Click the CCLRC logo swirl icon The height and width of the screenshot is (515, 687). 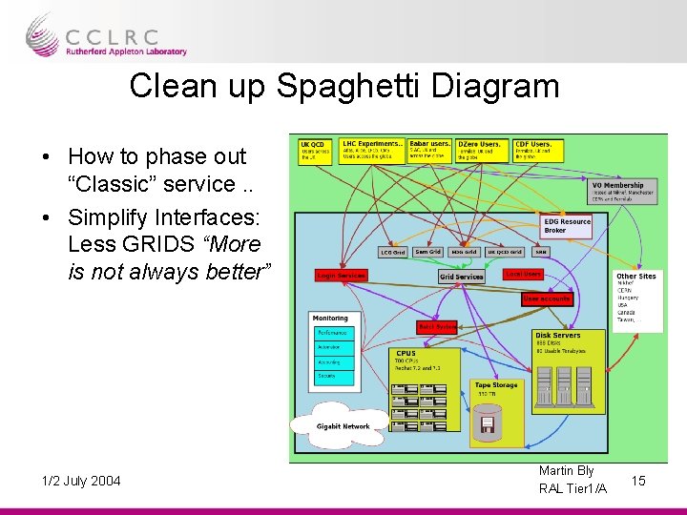(x=43, y=34)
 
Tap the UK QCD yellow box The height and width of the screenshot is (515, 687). (x=316, y=151)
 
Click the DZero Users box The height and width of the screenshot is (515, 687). (x=483, y=150)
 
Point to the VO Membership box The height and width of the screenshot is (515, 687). (x=623, y=192)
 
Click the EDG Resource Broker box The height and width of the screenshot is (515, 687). (x=567, y=225)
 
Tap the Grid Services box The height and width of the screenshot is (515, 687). (x=462, y=277)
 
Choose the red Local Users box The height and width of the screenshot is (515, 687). (x=523, y=274)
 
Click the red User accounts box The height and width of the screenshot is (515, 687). (x=547, y=299)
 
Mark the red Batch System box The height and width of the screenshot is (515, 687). (x=437, y=327)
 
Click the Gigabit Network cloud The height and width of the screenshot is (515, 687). (x=343, y=425)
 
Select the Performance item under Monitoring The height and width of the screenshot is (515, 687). (x=333, y=334)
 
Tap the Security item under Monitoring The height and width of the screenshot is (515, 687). (x=333, y=377)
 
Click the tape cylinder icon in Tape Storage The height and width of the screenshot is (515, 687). (x=489, y=419)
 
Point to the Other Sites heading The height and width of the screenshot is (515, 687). (x=635, y=277)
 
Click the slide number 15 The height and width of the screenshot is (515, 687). (x=639, y=480)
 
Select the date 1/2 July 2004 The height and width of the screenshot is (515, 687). (x=81, y=481)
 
